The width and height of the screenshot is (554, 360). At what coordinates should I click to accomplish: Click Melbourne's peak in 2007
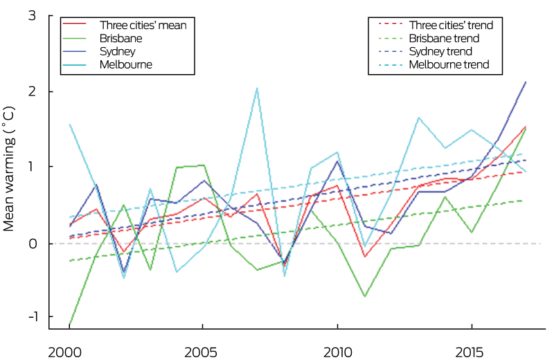tap(256, 88)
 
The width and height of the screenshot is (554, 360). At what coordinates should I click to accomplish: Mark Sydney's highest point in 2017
tap(526, 82)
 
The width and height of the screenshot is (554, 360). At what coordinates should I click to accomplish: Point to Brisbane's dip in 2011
tap(364, 296)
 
